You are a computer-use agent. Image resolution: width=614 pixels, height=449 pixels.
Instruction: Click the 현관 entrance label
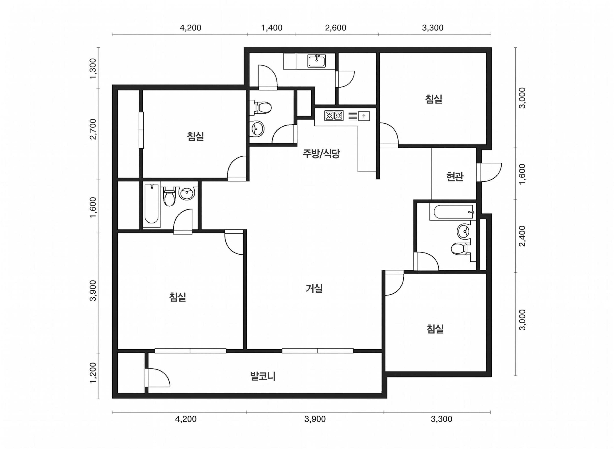pos(455,177)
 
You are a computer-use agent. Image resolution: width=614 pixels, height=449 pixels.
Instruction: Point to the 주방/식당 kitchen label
pos(321,154)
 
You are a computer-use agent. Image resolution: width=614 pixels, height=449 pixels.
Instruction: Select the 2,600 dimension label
pos(335,28)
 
